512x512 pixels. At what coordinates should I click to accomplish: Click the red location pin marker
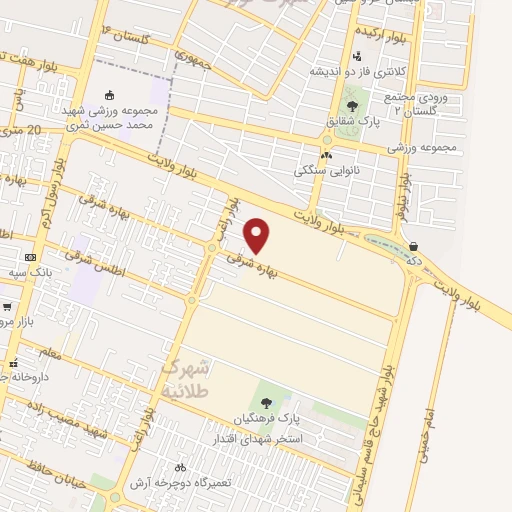coord(258,235)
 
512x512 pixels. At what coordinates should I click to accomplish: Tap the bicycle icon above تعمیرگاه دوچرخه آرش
coord(180,466)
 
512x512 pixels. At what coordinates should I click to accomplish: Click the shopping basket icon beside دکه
coord(413,246)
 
